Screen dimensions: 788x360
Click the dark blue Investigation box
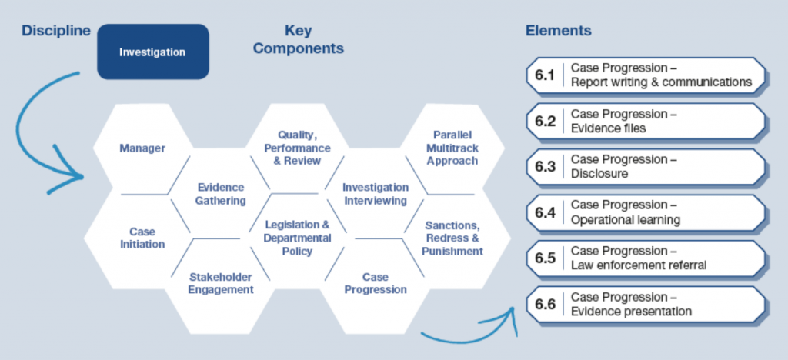(x=153, y=52)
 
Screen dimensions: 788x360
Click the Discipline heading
(x=55, y=31)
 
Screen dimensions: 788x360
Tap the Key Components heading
(x=298, y=40)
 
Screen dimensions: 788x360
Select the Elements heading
(x=559, y=31)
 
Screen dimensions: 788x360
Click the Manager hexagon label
(x=142, y=148)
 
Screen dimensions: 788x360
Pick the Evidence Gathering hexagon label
(x=221, y=194)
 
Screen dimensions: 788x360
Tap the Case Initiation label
(x=142, y=238)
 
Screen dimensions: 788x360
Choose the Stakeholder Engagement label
(x=221, y=283)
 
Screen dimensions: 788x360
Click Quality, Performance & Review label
(x=298, y=148)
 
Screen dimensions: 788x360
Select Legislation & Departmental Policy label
(x=298, y=238)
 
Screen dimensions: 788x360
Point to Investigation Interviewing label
(x=376, y=194)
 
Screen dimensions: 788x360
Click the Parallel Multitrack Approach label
(x=452, y=148)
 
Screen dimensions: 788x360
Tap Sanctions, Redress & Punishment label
(x=452, y=238)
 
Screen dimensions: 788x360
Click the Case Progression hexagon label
(x=376, y=283)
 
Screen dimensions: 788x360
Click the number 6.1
(x=545, y=75)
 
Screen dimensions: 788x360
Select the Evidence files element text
(x=608, y=128)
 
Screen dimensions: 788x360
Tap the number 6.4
(x=545, y=213)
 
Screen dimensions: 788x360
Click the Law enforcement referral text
(x=639, y=265)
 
